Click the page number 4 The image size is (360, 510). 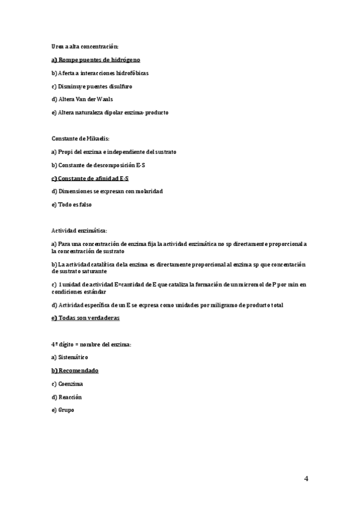[307, 479]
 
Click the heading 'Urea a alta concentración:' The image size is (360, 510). [85, 46]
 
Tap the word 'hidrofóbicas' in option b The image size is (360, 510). [132, 73]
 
